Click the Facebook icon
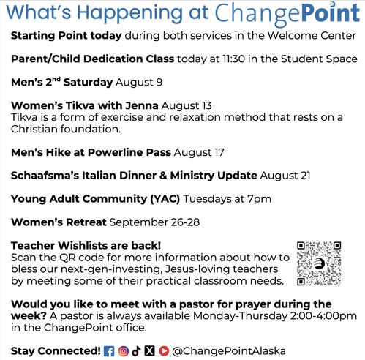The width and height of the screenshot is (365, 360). (109, 351)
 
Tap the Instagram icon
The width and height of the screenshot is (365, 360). (124, 351)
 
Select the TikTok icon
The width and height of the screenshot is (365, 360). (136, 351)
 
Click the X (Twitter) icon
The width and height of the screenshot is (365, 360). (149, 351)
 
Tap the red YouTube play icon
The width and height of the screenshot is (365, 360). (164, 351)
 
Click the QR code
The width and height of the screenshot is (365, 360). (319, 263)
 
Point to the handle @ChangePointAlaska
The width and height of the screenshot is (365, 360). (229, 351)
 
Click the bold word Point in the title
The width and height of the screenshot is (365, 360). (331, 12)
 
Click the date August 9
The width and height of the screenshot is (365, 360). (139, 83)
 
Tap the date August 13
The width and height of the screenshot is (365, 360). (187, 106)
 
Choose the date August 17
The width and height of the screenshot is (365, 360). (199, 153)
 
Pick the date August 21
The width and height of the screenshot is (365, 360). (285, 176)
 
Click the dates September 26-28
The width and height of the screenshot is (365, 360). (154, 222)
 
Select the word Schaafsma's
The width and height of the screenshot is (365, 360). (45, 176)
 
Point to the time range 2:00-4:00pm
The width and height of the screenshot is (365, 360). (323, 316)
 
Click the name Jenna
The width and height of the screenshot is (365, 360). (142, 105)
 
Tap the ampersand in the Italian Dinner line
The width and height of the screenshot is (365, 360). (163, 176)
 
